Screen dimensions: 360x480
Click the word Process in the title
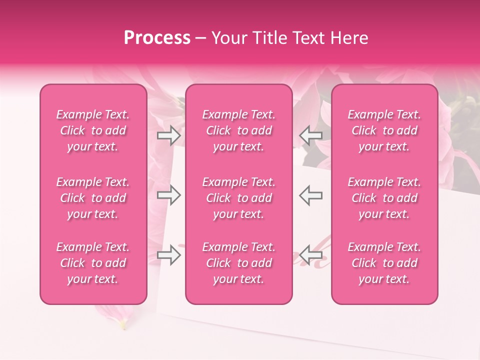(x=157, y=38)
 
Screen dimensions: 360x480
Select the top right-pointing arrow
(x=168, y=135)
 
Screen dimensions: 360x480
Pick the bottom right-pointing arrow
(x=168, y=255)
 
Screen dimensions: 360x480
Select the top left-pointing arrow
(x=311, y=135)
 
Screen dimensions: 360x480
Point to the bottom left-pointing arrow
(x=311, y=255)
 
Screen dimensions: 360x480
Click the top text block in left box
(x=93, y=130)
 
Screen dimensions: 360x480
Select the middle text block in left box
(x=93, y=198)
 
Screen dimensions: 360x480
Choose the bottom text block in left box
(x=93, y=263)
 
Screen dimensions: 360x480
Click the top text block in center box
(x=239, y=130)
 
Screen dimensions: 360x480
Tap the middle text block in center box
(x=239, y=198)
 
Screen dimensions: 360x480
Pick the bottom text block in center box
(x=239, y=263)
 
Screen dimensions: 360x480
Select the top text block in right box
(x=384, y=130)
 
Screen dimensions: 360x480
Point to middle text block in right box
(x=384, y=198)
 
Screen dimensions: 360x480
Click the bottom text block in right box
(x=384, y=263)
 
